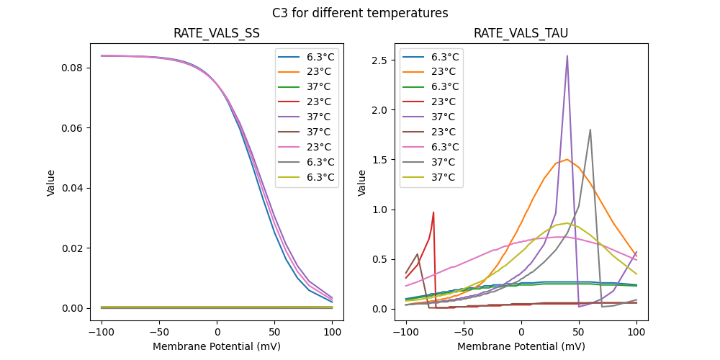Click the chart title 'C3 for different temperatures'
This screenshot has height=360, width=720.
coord(360,13)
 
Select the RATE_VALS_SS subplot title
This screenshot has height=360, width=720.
coord(217,34)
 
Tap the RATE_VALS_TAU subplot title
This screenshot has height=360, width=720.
coord(521,34)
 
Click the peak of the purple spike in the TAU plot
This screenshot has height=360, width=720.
coord(567,55)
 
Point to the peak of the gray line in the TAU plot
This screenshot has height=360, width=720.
coord(590,130)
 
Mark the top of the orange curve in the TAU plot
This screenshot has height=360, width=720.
coord(567,159)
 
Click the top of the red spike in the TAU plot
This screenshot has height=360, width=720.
coord(433,212)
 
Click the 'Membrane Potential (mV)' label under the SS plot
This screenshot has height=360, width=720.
coord(217,346)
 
